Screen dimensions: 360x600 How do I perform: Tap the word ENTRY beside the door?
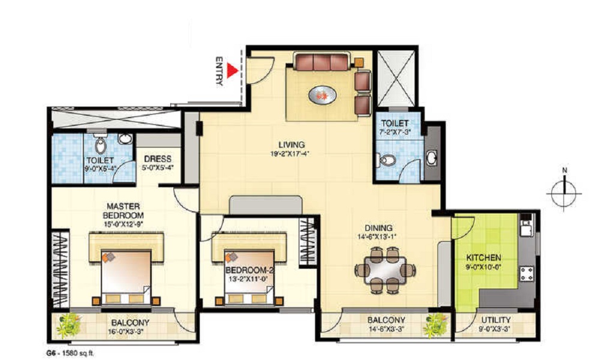coord(220,71)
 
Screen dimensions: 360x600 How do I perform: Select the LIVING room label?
coord(292,145)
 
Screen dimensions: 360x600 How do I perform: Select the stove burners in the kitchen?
coord(527,274)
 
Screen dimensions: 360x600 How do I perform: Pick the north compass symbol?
coord(564,193)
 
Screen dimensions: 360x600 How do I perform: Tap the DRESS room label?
coord(158,159)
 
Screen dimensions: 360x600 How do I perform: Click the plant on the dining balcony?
coord(436,323)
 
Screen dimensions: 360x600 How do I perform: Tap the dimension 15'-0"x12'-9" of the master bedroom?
coord(123,224)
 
